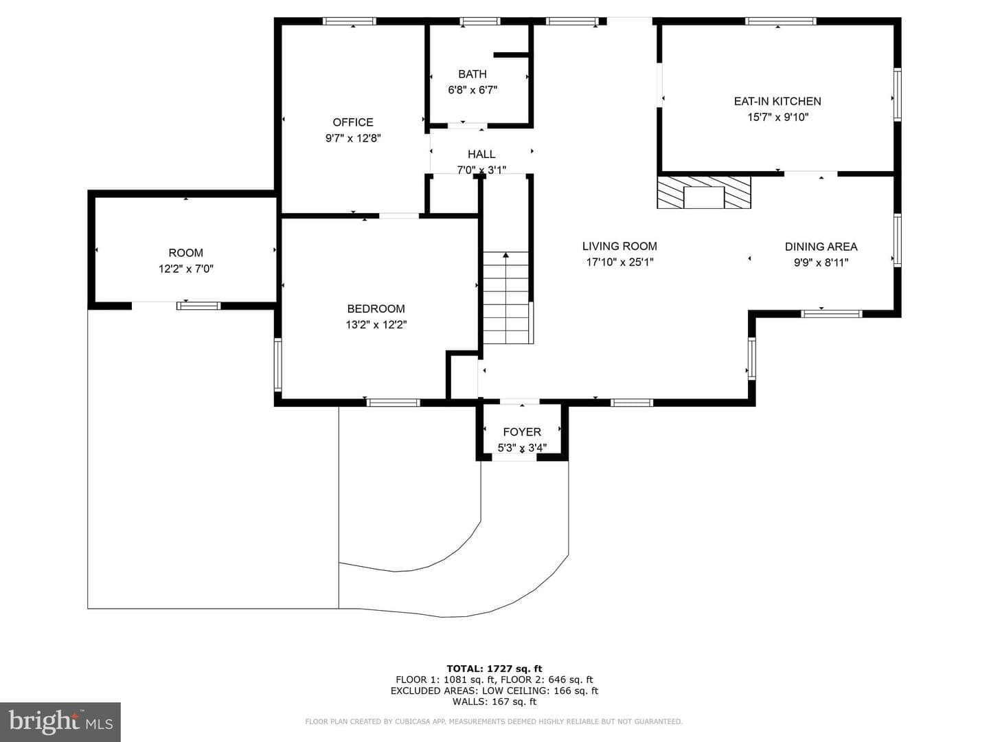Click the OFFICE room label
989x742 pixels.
(x=353, y=122)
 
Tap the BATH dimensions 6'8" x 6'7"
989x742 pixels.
(x=473, y=90)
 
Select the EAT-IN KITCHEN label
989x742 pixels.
(x=777, y=101)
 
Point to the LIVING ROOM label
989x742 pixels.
(x=619, y=246)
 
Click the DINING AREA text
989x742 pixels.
(x=821, y=247)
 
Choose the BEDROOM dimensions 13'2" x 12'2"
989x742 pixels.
(x=376, y=325)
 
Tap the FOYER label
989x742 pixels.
(x=522, y=431)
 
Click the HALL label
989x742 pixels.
(x=481, y=154)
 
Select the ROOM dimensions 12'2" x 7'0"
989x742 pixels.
(x=185, y=269)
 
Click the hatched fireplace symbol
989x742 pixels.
(x=704, y=192)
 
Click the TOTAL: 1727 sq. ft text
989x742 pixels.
(x=494, y=668)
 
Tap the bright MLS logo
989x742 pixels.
(x=60, y=721)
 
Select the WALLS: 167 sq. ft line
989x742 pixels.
(x=494, y=701)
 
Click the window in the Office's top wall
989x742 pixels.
(x=349, y=21)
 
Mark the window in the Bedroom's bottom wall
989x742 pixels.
(x=393, y=403)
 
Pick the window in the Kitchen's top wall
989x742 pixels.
(x=780, y=21)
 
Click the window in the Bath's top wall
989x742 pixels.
(x=479, y=21)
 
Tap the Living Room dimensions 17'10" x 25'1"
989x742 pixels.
(x=619, y=262)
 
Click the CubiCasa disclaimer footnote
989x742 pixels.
(x=494, y=721)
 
